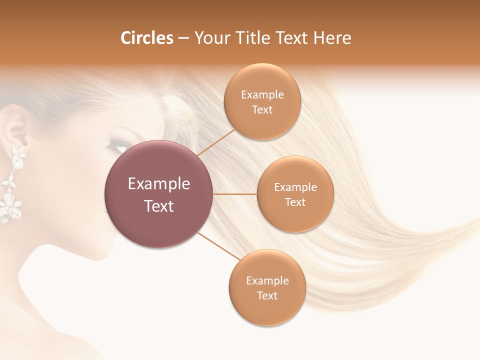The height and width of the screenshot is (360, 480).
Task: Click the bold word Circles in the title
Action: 146,38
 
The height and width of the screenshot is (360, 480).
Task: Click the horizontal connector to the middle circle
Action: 234,194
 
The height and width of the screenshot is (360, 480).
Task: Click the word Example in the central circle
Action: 159,184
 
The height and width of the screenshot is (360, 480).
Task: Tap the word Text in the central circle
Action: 159,206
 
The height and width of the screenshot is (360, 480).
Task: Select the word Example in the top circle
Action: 262,95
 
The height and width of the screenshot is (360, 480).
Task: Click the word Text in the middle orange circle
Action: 295,202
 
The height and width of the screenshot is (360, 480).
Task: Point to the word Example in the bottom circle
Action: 267,281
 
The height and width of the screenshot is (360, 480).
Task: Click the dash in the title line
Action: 183,38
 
